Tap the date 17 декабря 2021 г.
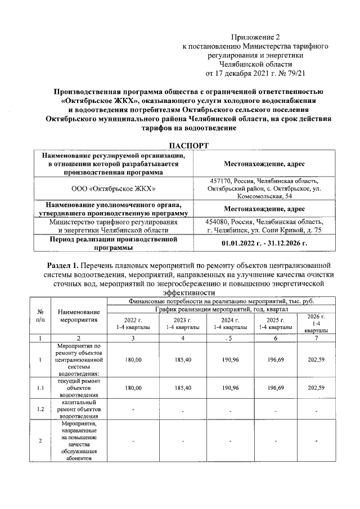(245, 73)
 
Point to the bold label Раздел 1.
(62, 264)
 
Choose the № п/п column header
(40, 315)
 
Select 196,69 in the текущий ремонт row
(271, 388)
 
